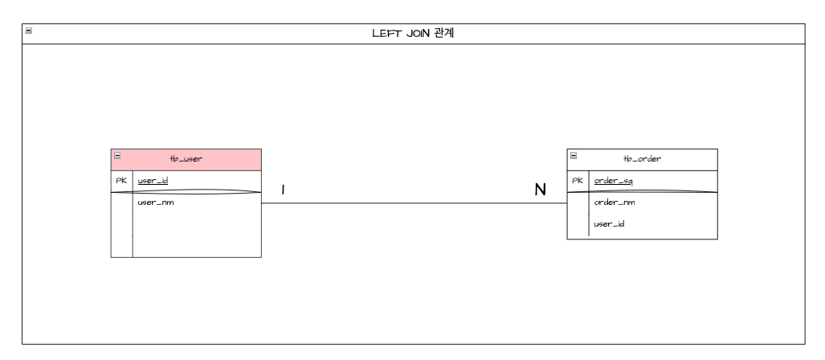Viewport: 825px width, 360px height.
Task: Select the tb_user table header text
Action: [186, 159]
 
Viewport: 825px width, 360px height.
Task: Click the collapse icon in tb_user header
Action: [118, 156]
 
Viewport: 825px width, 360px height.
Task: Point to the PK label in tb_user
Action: [121, 181]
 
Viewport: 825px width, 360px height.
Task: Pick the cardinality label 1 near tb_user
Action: [284, 190]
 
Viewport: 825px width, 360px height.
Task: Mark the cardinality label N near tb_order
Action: [541, 190]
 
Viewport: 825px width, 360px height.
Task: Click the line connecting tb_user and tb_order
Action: [414, 203]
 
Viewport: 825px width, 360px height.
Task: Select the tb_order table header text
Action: [643, 159]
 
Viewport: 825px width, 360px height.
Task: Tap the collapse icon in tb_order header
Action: [574, 156]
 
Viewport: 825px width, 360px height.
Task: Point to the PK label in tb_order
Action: [577, 181]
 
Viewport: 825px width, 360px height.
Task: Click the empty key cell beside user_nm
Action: [121, 225]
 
